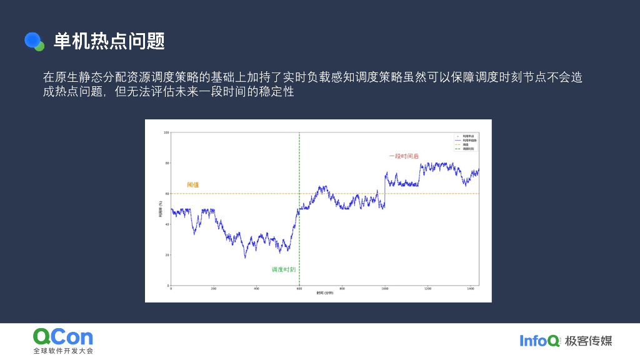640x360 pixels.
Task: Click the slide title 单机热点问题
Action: click(x=109, y=41)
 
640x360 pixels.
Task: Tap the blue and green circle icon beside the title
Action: click(x=34, y=41)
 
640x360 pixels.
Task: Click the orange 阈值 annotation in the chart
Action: click(x=192, y=185)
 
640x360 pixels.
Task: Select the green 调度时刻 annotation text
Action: click(x=283, y=269)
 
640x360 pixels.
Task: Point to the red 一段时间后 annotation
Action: click(x=403, y=156)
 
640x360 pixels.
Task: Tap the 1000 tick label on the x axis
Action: click(x=384, y=289)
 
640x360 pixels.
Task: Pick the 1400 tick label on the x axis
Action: click(x=470, y=289)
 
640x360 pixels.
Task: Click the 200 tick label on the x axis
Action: click(x=213, y=289)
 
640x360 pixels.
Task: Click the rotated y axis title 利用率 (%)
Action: click(x=160, y=209)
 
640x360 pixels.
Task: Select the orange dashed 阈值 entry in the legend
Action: click(x=464, y=144)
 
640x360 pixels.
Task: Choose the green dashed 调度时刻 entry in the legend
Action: click(x=464, y=149)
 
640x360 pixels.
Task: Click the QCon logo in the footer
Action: click(x=62, y=337)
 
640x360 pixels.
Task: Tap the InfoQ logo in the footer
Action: click(x=539, y=341)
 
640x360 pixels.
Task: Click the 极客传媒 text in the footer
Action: click(x=588, y=341)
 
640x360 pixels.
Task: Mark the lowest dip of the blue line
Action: click(x=245, y=257)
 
